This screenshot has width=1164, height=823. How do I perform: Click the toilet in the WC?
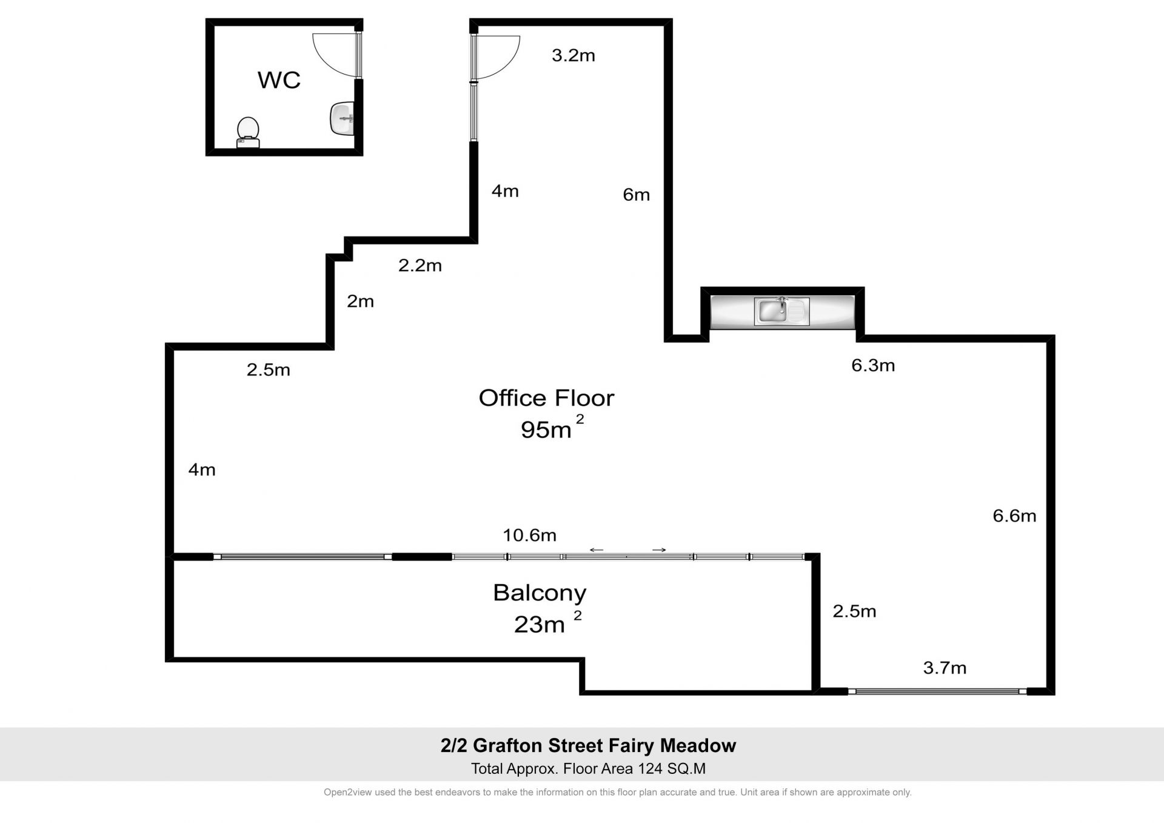click(x=248, y=133)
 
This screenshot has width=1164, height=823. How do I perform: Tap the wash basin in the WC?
click(x=342, y=118)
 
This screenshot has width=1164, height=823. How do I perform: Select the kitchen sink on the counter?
click(x=781, y=311)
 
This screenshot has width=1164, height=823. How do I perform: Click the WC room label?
click(x=279, y=80)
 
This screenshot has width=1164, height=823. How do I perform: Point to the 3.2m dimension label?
click(x=573, y=56)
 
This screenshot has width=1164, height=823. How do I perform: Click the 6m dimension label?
click(x=636, y=195)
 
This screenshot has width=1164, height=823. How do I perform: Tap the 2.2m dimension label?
click(x=420, y=266)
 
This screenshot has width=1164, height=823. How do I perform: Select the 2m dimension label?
click(x=360, y=301)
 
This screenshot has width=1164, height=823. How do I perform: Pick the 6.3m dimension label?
click(x=873, y=365)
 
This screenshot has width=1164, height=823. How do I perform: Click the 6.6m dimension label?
click(x=1014, y=516)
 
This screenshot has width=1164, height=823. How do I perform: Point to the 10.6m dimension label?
click(x=529, y=535)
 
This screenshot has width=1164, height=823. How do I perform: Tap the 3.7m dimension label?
click(x=945, y=668)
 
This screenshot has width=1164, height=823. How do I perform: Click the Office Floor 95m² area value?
click(x=552, y=428)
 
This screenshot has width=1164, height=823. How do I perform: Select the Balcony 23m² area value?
click(x=547, y=623)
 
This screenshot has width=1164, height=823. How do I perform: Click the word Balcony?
click(x=540, y=593)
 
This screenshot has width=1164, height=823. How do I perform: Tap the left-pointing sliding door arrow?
click(x=597, y=550)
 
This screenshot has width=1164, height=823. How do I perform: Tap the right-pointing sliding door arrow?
click(x=659, y=550)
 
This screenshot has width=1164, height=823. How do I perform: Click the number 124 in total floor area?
click(x=650, y=769)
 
